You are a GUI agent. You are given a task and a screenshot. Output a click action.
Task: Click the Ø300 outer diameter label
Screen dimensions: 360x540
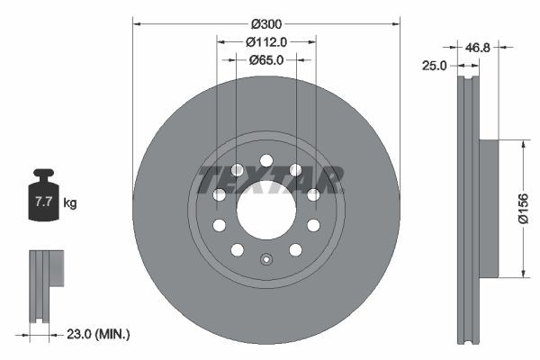(x=266, y=22)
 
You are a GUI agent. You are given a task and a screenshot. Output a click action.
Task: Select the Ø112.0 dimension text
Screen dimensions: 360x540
(x=266, y=41)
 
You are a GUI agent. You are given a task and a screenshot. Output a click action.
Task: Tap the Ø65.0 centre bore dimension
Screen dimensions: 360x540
(x=266, y=60)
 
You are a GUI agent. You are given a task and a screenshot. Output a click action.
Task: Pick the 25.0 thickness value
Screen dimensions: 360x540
(x=436, y=65)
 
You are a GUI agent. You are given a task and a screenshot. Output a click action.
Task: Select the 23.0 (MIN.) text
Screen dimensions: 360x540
(x=100, y=334)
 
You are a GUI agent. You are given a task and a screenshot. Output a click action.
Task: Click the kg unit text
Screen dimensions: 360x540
(x=70, y=203)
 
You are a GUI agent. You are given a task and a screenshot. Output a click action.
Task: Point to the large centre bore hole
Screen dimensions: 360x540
(x=265, y=211)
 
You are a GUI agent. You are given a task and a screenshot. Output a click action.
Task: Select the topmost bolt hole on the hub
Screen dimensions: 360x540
(x=265, y=161)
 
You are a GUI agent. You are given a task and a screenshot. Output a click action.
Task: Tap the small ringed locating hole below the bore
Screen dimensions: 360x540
(x=265, y=261)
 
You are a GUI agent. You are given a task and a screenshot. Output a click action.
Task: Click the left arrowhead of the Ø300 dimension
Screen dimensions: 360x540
(x=137, y=22)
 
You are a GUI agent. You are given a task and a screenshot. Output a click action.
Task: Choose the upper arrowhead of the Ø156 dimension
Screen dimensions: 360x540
(x=521, y=143)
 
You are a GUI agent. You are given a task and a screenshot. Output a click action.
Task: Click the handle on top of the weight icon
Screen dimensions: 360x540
(x=42, y=174)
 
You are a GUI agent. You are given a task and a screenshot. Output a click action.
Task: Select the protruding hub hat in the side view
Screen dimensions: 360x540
(x=486, y=209)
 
